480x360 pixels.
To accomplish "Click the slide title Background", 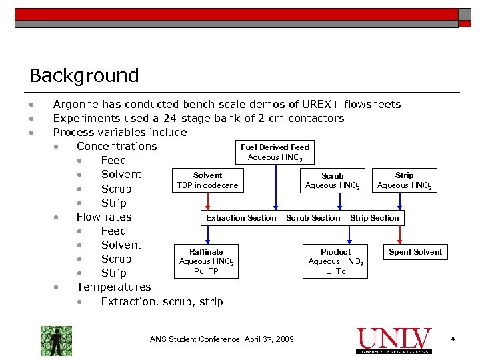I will click(x=84, y=75).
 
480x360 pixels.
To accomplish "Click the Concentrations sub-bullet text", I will click(x=117, y=146).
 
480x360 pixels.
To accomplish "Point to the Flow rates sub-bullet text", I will click(x=104, y=217).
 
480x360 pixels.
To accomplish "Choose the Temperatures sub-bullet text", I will click(x=113, y=287).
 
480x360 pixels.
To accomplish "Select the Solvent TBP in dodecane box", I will click(x=207, y=180).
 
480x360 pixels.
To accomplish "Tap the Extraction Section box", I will click(x=241, y=218).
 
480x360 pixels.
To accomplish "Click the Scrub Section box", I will click(x=313, y=218).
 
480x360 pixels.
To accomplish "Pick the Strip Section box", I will click(x=374, y=218).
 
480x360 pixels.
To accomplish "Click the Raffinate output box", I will click(x=206, y=261).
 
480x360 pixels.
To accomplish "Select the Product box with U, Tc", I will click(x=335, y=261).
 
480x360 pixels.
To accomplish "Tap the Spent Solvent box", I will click(x=415, y=252).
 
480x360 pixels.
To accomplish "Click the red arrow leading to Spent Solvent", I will click(x=400, y=234).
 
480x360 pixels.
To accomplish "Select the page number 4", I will click(x=453, y=340).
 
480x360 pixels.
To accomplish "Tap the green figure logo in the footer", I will click(x=56, y=341).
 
